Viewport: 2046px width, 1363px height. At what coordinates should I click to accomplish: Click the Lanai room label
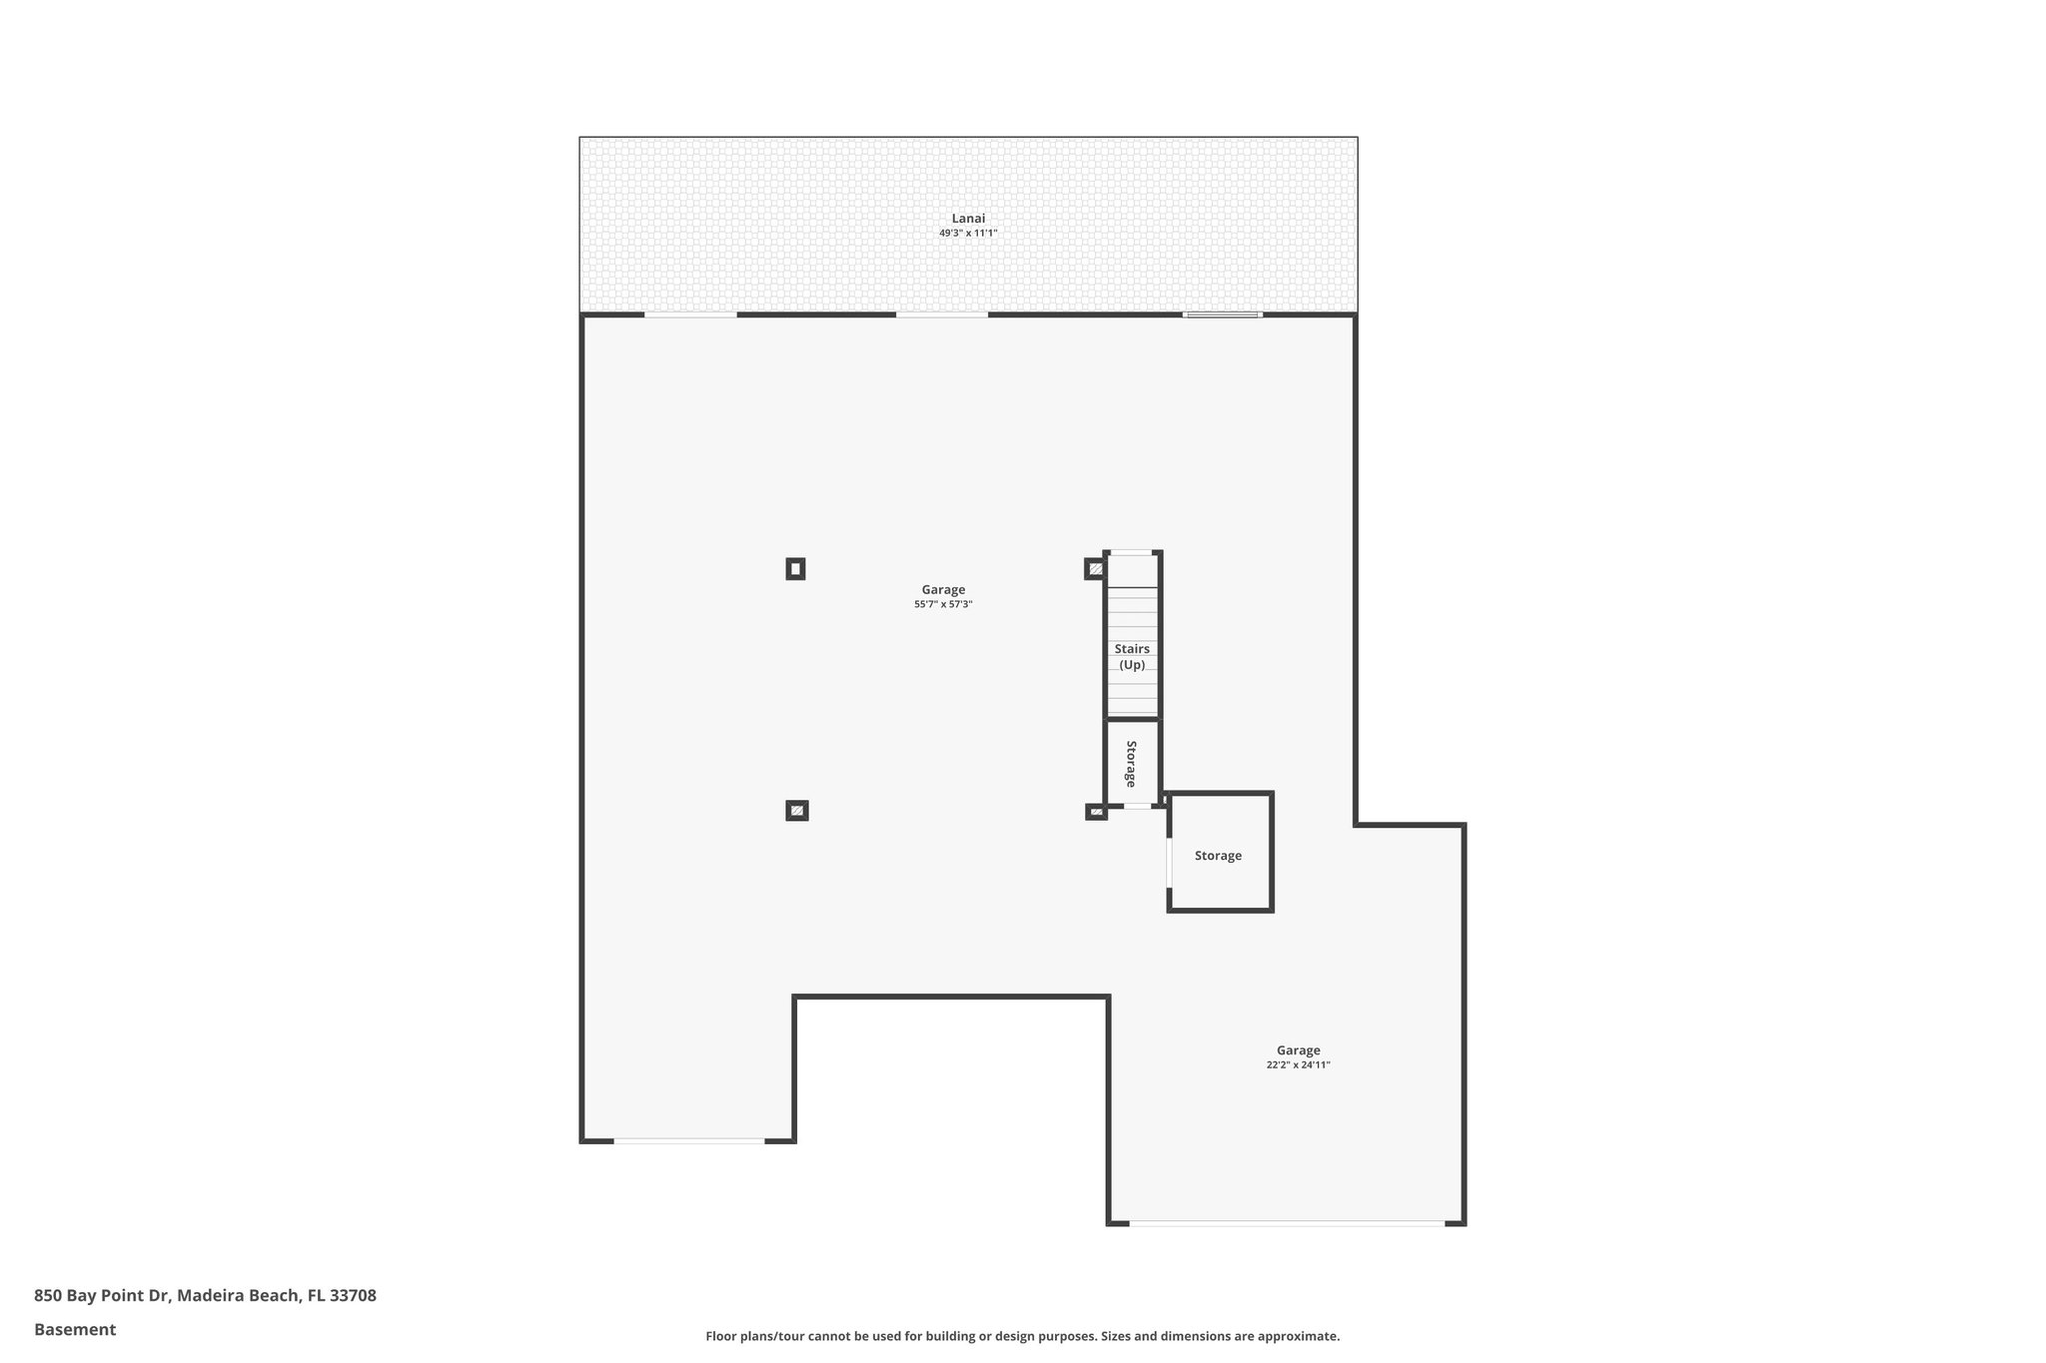pos(968,219)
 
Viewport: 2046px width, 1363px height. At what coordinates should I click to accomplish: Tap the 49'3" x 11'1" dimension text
pos(968,234)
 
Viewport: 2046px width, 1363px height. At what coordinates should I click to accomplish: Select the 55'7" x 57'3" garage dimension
pos(943,604)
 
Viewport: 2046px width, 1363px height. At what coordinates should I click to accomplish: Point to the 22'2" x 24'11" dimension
pos(1298,1065)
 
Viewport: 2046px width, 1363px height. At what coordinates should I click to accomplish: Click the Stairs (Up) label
pos(1132,656)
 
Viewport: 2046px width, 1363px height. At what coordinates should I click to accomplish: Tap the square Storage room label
pos(1218,856)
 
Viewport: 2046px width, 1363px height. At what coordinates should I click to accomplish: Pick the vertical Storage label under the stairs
pos(1131,764)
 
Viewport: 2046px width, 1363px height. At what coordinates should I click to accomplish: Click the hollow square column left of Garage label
pos(795,569)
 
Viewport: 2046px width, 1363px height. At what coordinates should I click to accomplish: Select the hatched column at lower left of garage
pos(796,811)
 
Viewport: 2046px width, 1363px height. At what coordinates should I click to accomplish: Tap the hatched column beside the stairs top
pos(1095,569)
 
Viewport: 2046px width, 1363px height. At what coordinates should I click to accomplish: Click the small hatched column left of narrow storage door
pos(1096,812)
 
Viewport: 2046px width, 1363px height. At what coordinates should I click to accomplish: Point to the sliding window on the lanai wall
pos(1222,316)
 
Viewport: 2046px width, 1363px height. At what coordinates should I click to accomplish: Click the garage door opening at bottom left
pos(689,1140)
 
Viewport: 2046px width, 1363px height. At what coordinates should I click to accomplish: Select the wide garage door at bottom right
pos(1287,1223)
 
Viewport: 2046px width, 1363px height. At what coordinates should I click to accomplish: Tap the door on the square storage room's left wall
pos(1169,862)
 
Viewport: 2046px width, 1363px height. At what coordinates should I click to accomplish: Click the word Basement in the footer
pos(75,1330)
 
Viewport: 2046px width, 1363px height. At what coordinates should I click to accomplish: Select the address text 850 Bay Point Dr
pos(205,1296)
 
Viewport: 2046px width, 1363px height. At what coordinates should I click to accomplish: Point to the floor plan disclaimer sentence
pos(1022,1336)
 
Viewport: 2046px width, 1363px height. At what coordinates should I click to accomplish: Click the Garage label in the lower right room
pos(1298,1050)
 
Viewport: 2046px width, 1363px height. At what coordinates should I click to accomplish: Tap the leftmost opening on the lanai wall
pos(690,316)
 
